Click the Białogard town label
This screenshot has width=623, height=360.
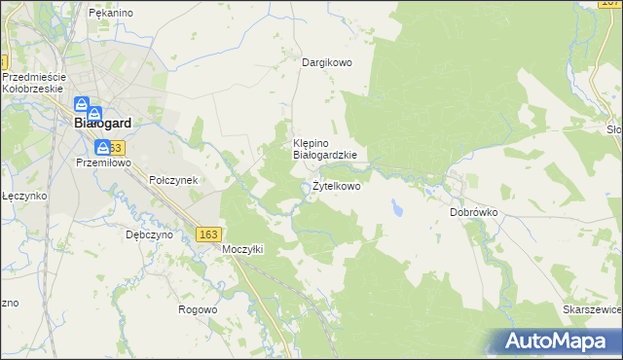click(102, 124)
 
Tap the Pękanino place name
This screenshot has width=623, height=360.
click(110, 13)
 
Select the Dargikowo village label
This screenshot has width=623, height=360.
click(326, 62)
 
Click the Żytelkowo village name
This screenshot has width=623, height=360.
click(336, 186)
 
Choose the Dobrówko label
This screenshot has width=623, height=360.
click(474, 211)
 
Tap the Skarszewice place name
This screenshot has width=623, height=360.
click(592, 308)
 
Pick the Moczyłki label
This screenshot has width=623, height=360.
click(243, 249)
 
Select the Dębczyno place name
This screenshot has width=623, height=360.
click(149, 234)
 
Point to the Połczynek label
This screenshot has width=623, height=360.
click(173, 180)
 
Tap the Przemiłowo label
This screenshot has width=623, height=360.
click(102, 164)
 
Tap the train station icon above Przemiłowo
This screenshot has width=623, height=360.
click(102, 147)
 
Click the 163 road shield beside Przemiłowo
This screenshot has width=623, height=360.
click(116, 147)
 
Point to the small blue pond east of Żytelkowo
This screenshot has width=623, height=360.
click(397, 208)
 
